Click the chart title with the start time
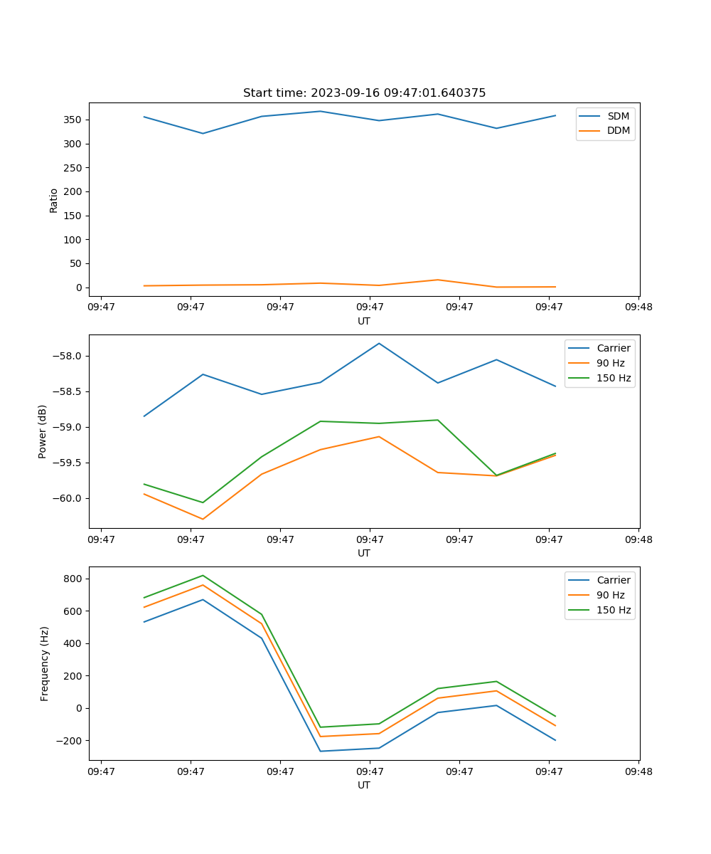coord(364,93)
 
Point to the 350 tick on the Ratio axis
coord(74,120)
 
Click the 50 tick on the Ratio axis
coord(77,263)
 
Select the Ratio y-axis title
coord(54,200)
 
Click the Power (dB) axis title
coord(43,431)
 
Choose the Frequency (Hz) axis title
coord(44,663)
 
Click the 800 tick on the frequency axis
coord(74,579)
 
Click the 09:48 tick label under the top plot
coord(638,307)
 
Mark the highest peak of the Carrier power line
coord(379,344)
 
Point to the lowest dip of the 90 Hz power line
coord(203,519)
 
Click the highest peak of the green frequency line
coord(203,576)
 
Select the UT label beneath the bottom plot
coord(364,785)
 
